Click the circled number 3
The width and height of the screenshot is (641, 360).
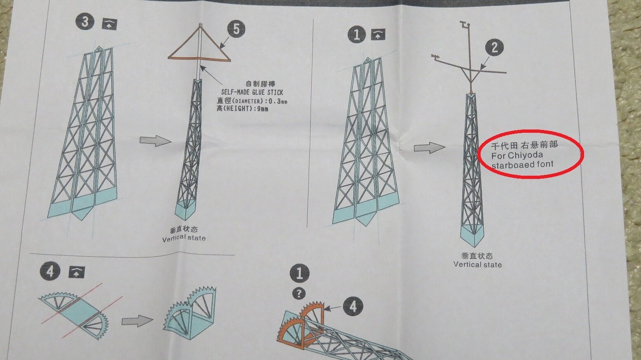tap(85, 22)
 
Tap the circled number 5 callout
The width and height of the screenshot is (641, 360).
tap(236, 29)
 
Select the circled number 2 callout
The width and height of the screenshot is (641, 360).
tap(495, 47)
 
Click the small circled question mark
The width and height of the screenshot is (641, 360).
tap(299, 293)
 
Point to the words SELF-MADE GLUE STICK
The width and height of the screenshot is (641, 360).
tap(252, 92)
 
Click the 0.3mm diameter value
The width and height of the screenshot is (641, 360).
tap(278, 101)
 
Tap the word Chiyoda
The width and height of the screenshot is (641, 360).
tap(525, 155)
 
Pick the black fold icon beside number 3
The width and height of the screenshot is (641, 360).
tap(110, 24)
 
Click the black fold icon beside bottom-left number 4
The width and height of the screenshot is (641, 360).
tap(77, 273)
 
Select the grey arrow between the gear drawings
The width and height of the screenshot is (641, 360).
tap(137, 321)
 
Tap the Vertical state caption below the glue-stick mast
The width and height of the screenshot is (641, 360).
tap(184, 238)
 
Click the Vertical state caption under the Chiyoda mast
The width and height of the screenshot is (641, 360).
tap(477, 264)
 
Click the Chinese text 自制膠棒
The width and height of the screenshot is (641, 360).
tap(261, 84)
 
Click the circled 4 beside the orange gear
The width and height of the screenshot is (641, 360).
tap(353, 306)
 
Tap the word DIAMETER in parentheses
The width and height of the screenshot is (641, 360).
tap(247, 101)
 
